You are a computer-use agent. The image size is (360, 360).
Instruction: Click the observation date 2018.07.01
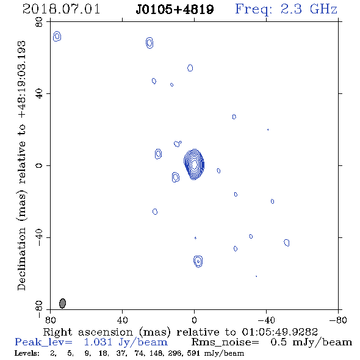[x=61, y=9]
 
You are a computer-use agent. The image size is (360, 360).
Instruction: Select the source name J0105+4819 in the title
[x=175, y=9]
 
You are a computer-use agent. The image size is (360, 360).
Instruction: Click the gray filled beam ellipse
[x=62, y=303]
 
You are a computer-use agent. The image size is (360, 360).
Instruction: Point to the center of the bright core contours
[x=194, y=164]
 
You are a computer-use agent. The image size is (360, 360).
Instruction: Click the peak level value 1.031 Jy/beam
[x=126, y=342]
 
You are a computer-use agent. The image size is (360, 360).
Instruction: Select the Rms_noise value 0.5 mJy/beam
[x=311, y=342]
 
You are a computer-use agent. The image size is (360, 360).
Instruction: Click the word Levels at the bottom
[x=27, y=353]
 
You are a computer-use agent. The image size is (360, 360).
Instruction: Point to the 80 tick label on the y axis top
[x=39, y=22]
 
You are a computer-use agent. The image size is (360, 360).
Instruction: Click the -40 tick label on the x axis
[x=266, y=320]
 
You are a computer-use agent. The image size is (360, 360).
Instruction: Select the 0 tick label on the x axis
[x=194, y=320]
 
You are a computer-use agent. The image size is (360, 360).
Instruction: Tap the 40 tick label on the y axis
[x=39, y=94]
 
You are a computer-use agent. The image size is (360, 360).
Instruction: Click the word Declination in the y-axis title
[x=21, y=259]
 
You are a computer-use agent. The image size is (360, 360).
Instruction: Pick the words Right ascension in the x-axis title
[x=88, y=332]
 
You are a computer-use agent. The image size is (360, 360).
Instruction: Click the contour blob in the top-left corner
[x=57, y=36]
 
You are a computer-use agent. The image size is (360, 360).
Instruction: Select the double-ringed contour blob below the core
[x=198, y=261]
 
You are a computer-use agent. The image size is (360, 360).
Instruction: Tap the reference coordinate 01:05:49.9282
[x=280, y=332]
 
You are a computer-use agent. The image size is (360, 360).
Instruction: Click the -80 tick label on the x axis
[x=338, y=320]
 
